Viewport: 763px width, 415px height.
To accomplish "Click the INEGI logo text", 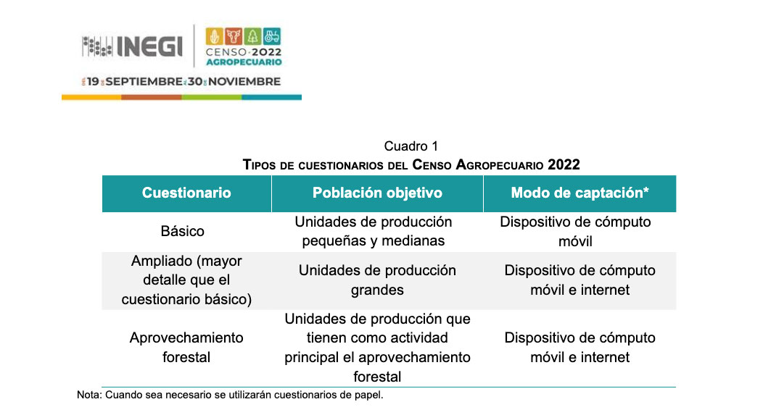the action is click(150, 46).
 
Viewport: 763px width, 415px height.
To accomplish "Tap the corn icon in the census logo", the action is click(214, 36).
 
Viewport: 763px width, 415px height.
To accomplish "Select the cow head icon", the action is click(234, 36).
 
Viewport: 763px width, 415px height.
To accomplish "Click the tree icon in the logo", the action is click(252, 36).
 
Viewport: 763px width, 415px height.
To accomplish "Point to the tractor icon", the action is click(272, 36).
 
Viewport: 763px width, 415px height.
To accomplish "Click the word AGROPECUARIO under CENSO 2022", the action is click(244, 62).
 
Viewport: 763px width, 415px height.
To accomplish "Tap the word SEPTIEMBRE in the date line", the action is click(144, 82).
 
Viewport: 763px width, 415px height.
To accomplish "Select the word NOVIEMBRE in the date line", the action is click(244, 82).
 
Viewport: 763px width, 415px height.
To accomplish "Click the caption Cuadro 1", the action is click(411, 146).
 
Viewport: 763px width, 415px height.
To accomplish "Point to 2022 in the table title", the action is click(564, 164).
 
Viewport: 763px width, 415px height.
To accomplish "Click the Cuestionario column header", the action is click(186, 193).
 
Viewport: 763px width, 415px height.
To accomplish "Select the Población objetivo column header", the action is click(377, 193).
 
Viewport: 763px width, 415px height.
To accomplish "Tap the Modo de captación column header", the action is click(580, 193).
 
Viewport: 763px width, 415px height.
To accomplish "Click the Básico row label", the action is click(183, 231).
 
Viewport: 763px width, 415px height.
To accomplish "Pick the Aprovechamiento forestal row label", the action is click(186, 348).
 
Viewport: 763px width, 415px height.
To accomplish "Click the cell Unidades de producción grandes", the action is click(377, 280).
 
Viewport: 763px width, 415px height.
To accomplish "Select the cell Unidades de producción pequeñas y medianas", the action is click(374, 231).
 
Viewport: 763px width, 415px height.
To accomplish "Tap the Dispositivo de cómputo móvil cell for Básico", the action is click(575, 231).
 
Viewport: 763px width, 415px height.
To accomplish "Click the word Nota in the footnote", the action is click(88, 395).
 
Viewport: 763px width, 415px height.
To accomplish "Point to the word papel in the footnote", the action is click(369, 395).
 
